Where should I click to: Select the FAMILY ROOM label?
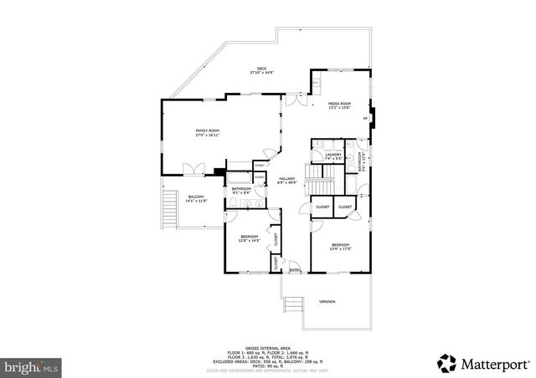[x=207, y=132]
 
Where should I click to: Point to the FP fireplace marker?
[x=365, y=119]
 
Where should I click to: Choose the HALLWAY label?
[x=287, y=181]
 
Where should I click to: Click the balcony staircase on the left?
[x=170, y=207]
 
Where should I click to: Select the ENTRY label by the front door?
[x=295, y=269]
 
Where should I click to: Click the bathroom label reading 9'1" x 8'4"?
[x=243, y=192]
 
